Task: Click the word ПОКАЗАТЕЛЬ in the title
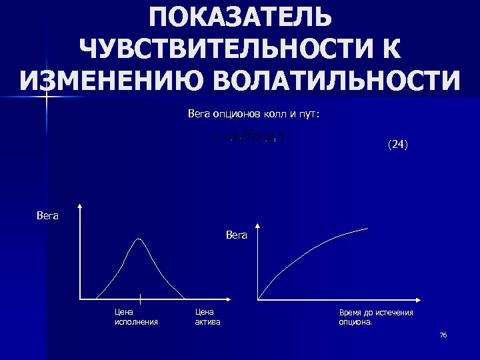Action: point(240,18)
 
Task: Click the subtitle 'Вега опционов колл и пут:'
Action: point(253,115)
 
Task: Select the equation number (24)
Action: point(397,143)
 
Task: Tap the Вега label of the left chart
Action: point(47,215)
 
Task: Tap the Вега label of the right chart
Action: point(237,235)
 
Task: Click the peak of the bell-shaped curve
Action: point(139,239)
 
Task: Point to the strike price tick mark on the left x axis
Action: point(140,299)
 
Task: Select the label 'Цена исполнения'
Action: point(136,317)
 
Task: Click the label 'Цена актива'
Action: point(207,317)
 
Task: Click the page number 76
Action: point(443,335)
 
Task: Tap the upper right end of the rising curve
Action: point(367,229)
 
